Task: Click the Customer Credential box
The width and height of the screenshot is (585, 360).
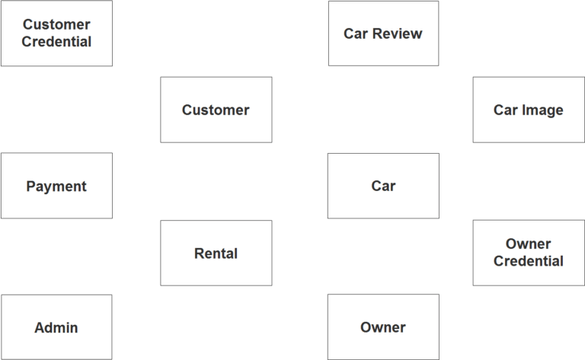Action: click(56, 33)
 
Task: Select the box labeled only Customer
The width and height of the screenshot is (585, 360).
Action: click(216, 110)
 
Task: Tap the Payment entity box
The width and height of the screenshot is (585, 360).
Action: click(56, 186)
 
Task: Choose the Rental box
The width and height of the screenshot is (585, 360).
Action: click(216, 253)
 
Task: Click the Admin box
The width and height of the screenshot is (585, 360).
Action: click(56, 327)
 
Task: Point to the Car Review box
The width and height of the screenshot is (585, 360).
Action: click(383, 33)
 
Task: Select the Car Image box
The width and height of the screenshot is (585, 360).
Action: click(528, 110)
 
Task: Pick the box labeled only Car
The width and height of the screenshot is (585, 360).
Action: click(383, 186)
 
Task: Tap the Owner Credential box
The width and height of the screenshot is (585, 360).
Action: click(528, 253)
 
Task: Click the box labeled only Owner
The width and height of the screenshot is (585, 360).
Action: click(383, 327)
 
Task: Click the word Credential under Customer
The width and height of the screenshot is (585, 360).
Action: click(56, 42)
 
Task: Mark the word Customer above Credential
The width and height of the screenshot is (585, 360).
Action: click(56, 25)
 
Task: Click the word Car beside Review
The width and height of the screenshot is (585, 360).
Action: click(355, 33)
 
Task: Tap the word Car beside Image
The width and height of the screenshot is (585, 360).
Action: click(505, 110)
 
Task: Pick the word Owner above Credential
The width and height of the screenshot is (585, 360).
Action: click(528, 244)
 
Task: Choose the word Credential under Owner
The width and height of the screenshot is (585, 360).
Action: click(528, 261)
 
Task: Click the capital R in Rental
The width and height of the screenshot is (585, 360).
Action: click(199, 253)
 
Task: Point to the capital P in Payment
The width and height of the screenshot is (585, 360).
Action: click(30, 186)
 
